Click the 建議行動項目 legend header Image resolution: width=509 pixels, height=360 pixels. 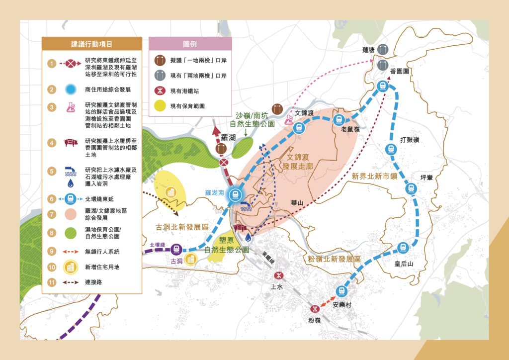[92, 44]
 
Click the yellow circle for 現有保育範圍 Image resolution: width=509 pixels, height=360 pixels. [160, 106]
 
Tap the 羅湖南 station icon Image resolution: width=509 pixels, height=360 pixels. [236, 195]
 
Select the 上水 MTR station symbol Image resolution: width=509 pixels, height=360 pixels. [278, 275]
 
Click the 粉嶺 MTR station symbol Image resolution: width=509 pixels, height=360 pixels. [314, 309]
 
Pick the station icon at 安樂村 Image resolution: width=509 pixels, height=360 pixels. [340, 291]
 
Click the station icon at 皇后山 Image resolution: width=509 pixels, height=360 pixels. [403, 248]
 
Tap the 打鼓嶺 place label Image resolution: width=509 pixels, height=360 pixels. [410, 140]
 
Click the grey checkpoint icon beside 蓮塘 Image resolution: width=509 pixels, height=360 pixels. [383, 50]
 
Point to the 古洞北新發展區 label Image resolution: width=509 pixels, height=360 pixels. [181, 227]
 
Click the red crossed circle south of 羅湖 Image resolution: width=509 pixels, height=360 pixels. [224, 163]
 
